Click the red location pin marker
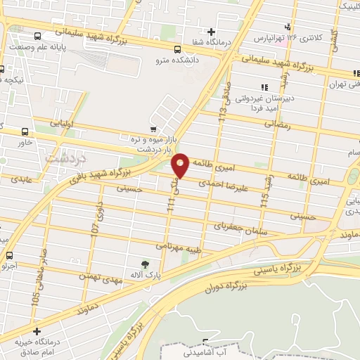pyautogui.click(x=181, y=165)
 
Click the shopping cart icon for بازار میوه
pyautogui.click(x=153, y=129)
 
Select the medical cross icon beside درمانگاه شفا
pyautogui.click(x=211, y=32)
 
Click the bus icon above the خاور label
pyautogui.click(x=26, y=131)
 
